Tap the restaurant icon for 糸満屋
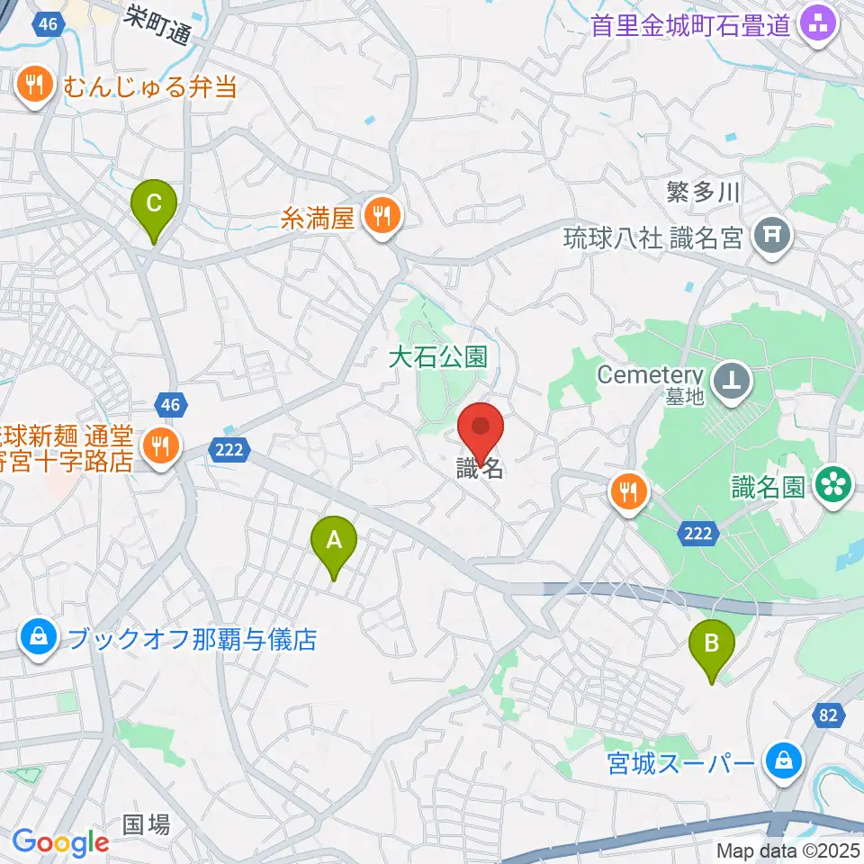[382, 216]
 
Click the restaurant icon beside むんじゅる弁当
[36, 85]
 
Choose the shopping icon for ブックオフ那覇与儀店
[39, 640]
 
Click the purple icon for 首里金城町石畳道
[820, 24]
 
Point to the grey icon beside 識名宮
[772, 238]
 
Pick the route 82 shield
[829, 715]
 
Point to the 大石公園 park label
[437, 357]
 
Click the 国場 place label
[146, 823]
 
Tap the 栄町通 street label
[158, 24]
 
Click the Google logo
[60, 842]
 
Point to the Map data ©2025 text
[787, 850]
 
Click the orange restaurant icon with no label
[628, 491]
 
